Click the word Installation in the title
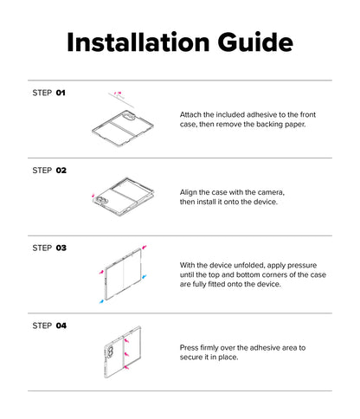click(x=138, y=42)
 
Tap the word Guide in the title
click(x=255, y=42)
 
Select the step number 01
click(x=61, y=93)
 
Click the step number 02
click(x=61, y=171)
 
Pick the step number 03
click(x=61, y=248)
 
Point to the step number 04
click(x=61, y=326)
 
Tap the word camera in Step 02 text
click(x=271, y=192)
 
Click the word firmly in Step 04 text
click(x=209, y=348)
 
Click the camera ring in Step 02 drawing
click(x=102, y=200)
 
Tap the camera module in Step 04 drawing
click(x=110, y=352)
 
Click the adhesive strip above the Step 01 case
click(x=121, y=100)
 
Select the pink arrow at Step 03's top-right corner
click(x=145, y=247)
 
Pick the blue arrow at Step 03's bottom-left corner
click(x=101, y=301)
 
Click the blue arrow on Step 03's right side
click(x=145, y=276)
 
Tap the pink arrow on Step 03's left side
click(x=101, y=272)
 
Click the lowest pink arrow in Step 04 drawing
click(x=126, y=367)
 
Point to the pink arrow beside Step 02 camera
click(x=93, y=196)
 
